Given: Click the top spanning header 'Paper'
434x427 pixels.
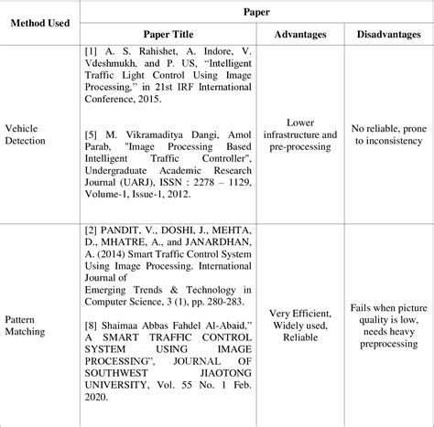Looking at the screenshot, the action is point(255,12).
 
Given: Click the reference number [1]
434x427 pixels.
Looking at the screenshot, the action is point(90,52).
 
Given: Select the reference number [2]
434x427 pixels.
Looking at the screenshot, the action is point(90,231).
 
